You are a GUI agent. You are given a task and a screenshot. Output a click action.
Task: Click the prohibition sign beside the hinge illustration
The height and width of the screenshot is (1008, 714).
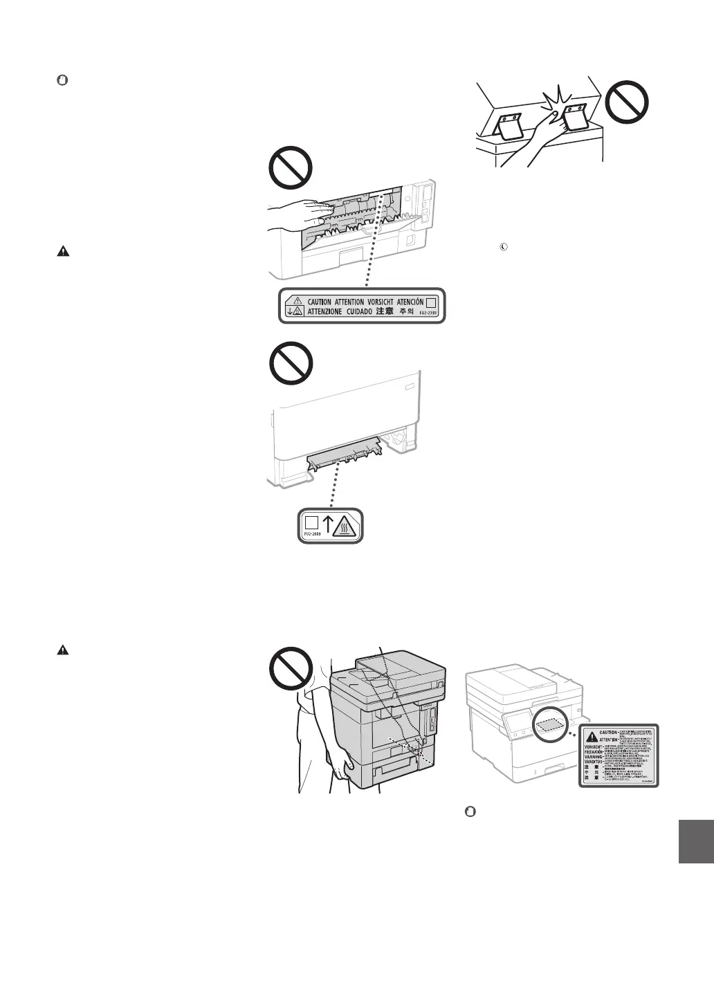tap(628, 104)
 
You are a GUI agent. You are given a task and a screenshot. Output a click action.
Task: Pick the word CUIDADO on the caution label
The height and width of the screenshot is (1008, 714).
tap(355, 312)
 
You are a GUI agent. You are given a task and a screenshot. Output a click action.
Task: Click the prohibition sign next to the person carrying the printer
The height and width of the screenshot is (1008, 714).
tap(291, 668)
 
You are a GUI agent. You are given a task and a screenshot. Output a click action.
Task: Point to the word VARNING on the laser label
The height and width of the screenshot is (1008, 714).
tap(593, 755)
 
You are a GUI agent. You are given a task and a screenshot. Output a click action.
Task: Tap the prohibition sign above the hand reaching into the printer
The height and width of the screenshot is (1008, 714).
tap(291, 167)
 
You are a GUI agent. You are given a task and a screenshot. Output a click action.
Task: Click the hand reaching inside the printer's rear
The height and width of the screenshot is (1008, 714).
tap(297, 215)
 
